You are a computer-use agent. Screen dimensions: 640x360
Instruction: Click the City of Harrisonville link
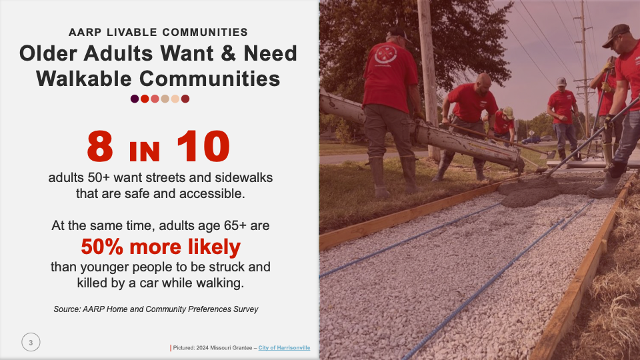pos(284,348)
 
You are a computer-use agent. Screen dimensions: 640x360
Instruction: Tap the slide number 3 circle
pos(31,342)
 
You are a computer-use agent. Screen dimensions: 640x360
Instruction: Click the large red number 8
pos(100,146)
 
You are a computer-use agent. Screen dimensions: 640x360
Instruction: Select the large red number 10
pos(203,146)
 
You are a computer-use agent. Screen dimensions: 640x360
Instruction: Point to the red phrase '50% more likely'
pos(161,247)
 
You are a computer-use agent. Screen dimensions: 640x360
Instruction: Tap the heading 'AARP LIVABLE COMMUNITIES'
pos(158,32)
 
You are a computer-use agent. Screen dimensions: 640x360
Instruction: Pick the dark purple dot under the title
pos(135,99)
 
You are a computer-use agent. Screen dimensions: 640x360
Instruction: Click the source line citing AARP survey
pos(156,309)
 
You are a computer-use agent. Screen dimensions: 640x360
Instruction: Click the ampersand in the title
pos(229,53)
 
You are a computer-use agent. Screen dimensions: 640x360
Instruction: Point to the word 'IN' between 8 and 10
pos(145,151)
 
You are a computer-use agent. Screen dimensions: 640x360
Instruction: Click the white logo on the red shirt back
pos(385,54)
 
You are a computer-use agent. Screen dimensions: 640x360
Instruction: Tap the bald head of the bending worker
pos(483,81)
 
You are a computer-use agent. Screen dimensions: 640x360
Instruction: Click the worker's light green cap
pos(509,112)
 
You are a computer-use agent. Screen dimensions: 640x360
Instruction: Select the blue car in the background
pos(531,140)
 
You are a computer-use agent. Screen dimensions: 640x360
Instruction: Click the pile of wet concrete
pos(527,191)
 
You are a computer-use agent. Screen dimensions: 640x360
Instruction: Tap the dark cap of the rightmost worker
pos(615,33)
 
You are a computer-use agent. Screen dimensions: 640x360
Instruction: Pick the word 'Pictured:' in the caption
pos(184,348)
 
